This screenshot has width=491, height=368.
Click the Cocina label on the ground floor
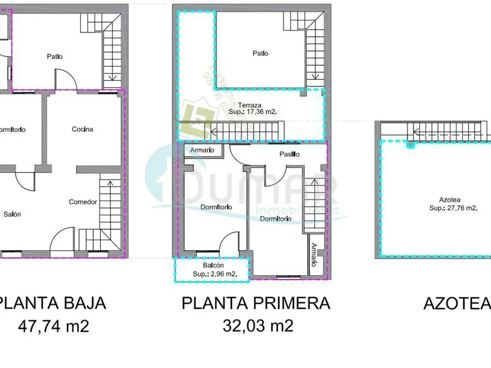click(82, 129)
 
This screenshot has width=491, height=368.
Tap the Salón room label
click(12, 214)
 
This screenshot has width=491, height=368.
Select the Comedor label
click(82, 202)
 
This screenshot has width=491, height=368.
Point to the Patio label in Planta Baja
click(55, 56)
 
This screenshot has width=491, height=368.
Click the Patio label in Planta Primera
click(260, 53)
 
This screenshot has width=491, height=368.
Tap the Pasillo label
click(288, 154)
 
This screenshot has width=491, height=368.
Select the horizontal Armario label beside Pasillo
click(202, 150)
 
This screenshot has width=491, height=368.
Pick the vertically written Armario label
click(314, 254)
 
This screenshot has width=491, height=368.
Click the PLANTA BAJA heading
click(53, 303)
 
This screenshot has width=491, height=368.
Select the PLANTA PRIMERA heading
click(256, 303)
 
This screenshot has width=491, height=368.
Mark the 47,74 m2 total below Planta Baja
click(53, 325)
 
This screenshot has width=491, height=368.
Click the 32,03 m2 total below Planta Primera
click(257, 325)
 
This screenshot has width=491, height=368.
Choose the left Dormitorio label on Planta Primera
click(216, 207)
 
